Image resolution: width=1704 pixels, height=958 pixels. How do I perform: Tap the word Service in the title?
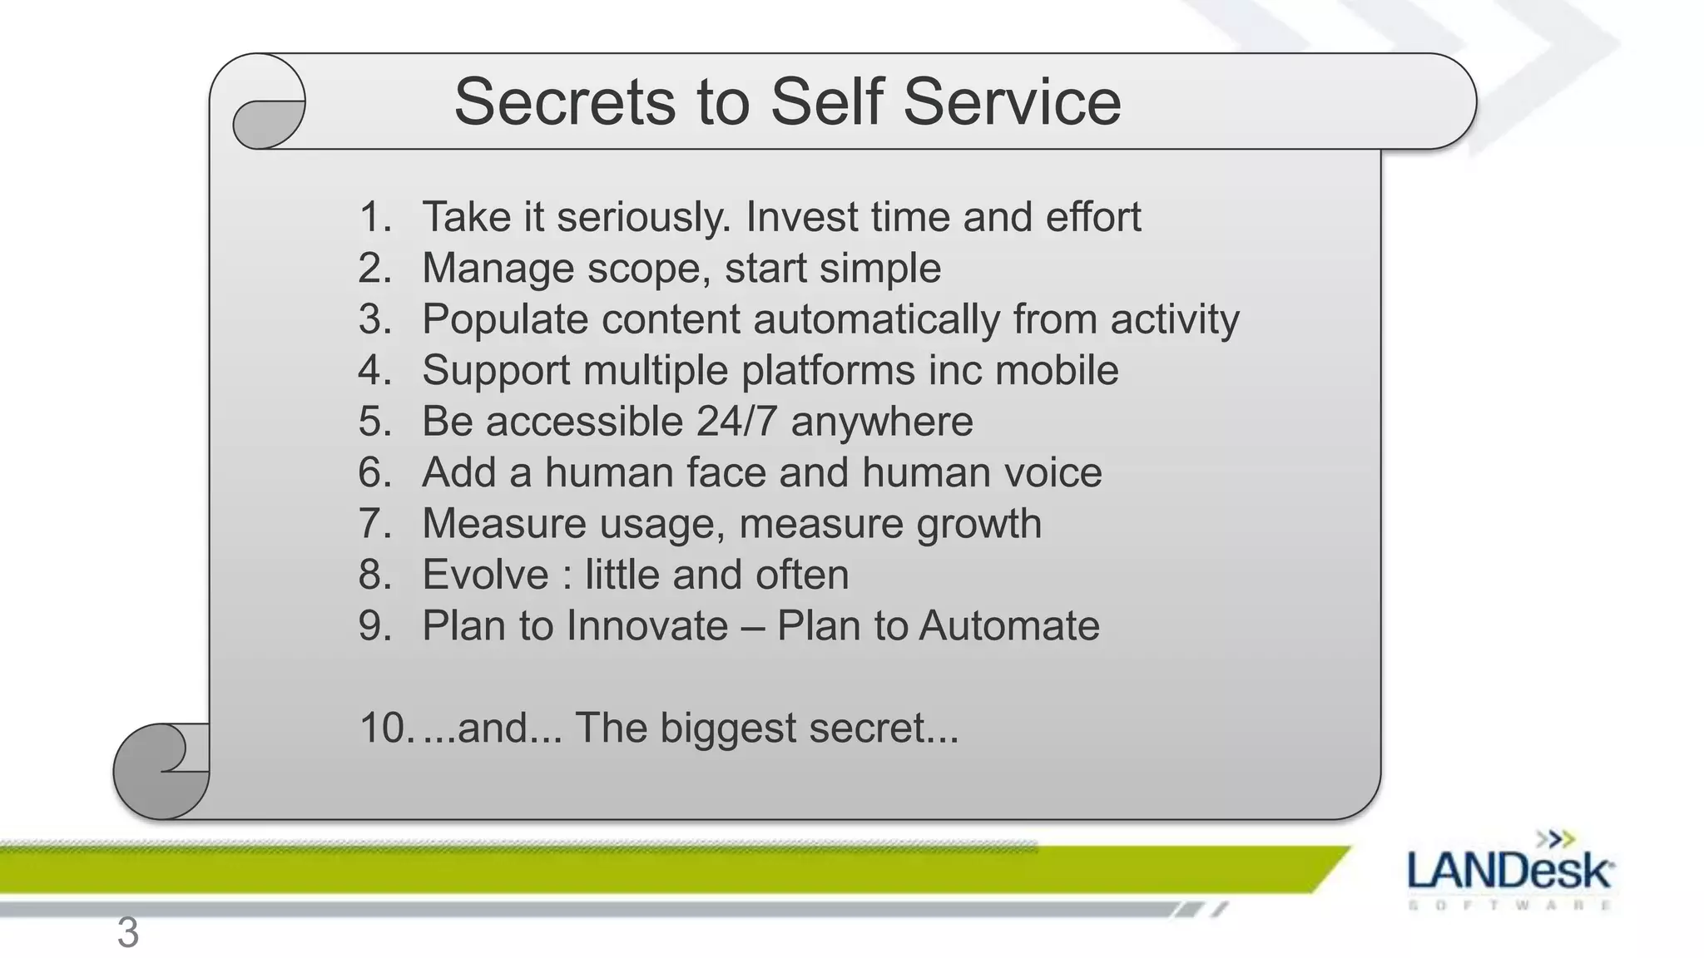point(1012,102)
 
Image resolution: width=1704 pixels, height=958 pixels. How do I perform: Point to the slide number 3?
point(127,932)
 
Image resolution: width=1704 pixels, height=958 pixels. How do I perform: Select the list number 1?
point(375,217)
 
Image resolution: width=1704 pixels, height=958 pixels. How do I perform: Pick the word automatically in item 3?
point(876,320)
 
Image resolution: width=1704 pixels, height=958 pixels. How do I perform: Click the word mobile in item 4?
point(1057,370)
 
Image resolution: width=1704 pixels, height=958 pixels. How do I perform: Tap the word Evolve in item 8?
point(485,575)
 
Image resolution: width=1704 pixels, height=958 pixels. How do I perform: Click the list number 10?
point(386,728)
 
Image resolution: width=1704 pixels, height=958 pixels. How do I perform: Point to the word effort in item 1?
point(1092,217)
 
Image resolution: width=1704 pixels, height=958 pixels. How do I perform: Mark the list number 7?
point(375,524)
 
